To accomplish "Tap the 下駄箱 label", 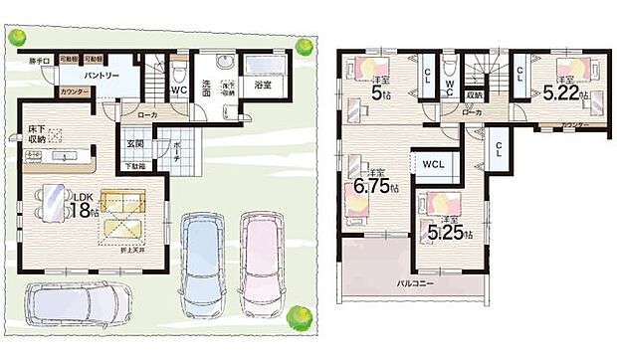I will (x=134, y=166).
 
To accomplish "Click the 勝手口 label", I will (x=39, y=60).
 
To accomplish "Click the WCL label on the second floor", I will (x=433, y=162).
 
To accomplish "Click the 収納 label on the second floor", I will (x=474, y=94).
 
